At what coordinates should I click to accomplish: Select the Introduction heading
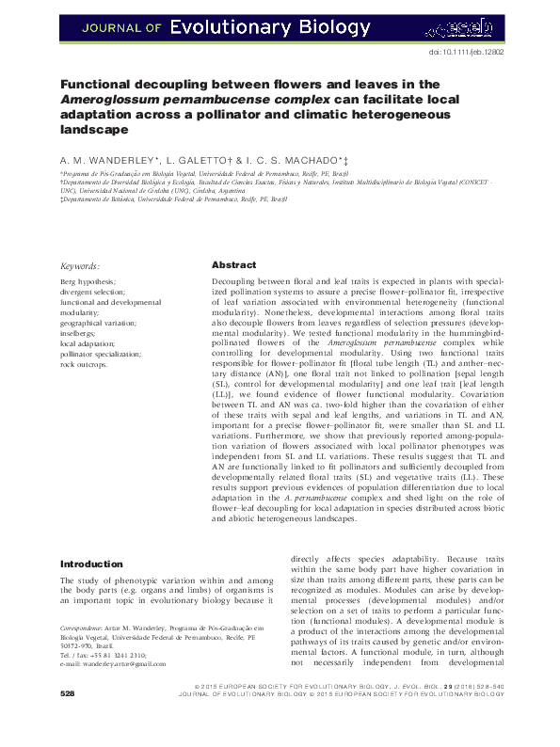91,564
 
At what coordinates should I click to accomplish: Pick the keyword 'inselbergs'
77,334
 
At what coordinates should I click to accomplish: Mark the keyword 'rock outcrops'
83,365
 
